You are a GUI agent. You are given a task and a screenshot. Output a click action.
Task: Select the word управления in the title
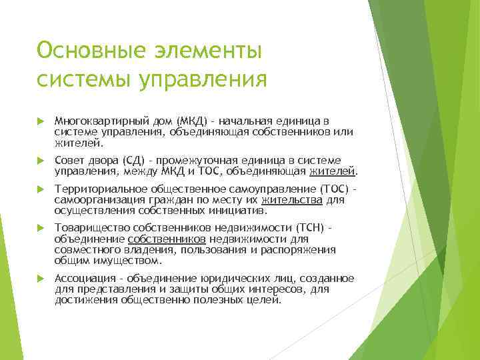(202, 79)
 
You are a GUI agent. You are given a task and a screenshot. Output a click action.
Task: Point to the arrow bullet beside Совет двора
(41, 161)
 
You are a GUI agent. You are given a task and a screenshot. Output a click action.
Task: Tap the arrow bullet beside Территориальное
(41, 189)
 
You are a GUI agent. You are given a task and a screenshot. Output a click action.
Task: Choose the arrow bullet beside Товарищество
(41, 229)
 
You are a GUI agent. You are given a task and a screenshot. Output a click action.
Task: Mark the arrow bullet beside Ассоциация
(41, 278)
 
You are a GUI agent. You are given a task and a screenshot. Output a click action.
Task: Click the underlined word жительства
(293, 199)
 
